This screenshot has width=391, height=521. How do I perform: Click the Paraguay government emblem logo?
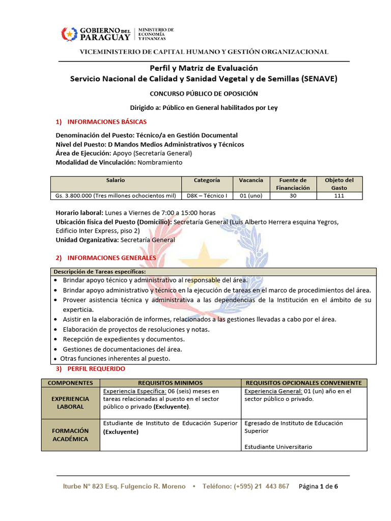point(68,34)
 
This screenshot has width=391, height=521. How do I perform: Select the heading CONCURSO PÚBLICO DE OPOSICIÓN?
point(204,94)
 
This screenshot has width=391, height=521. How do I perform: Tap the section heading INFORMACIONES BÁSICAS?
point(107,122)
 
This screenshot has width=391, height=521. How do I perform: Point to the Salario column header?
point(116,180)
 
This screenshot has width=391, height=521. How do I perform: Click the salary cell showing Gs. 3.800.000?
point(116,195)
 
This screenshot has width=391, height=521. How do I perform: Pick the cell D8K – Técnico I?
point(207,195)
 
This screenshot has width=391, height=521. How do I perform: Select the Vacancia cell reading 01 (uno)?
point(251,195)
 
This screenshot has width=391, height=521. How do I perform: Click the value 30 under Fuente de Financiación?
point(293,195)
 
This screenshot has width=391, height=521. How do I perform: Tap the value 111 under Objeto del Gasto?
point(339,195)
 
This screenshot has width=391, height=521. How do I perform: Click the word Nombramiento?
point(160,163)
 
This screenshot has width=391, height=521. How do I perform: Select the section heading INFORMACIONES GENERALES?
point(111,258)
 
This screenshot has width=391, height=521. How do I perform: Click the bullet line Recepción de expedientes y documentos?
point(124,339)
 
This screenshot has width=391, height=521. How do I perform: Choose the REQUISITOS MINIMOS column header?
point(171,383)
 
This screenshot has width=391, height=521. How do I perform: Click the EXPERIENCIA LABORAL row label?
point(70,403)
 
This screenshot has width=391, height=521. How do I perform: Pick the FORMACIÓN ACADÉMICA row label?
point(70,435)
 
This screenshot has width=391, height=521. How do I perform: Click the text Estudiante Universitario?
point(278,447)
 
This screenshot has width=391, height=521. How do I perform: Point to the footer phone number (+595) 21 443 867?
point(261,486)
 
